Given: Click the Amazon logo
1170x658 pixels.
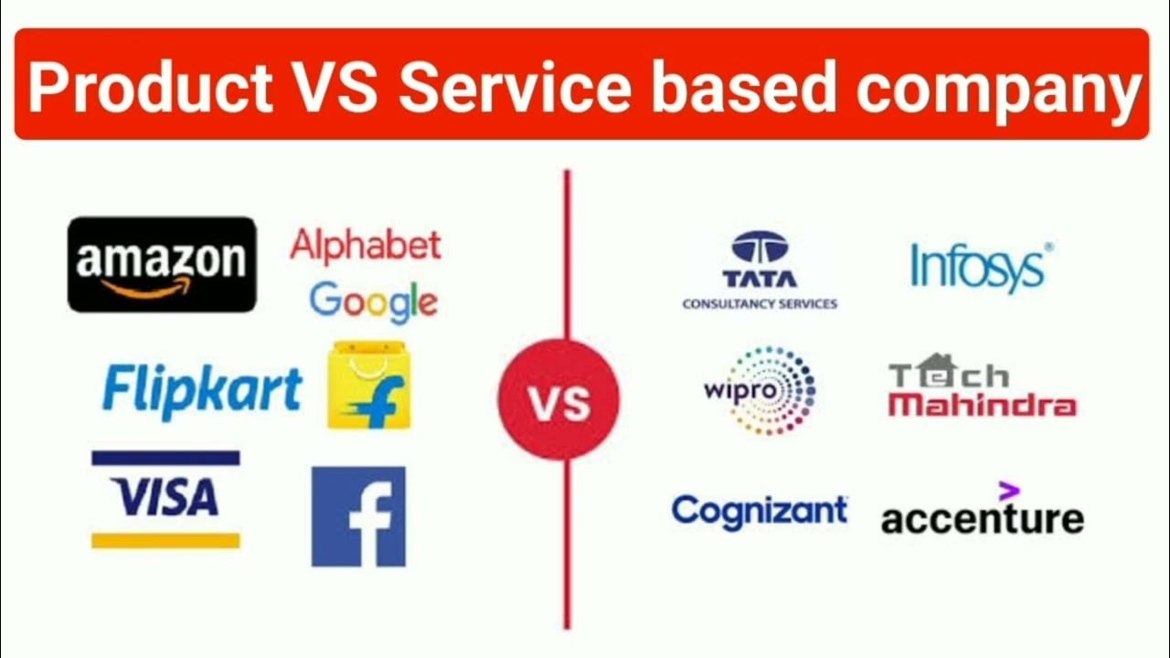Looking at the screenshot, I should point(162,264).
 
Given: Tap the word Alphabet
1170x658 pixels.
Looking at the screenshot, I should point(366,246).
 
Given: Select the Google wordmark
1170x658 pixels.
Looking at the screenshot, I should point(373,302).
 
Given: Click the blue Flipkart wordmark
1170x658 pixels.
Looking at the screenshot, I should point(202,389).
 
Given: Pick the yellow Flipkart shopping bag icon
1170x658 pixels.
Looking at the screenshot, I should point(368,386).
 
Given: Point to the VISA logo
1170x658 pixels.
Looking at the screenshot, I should point(165,499).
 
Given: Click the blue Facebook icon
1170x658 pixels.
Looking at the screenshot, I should point(358,516).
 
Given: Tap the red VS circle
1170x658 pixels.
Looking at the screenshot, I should point(558,399).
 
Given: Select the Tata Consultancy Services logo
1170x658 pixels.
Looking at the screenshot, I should point(760,271).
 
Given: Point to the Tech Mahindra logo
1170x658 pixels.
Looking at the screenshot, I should point(982,387).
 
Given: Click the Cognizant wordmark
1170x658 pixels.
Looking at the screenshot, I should point(760,511).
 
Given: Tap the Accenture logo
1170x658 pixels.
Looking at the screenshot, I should point(983,517).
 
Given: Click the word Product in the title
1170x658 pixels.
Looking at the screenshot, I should point(149,87).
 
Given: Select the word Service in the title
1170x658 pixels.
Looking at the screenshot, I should point(515,87).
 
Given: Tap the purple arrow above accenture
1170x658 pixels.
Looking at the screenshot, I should point(1007,491).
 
